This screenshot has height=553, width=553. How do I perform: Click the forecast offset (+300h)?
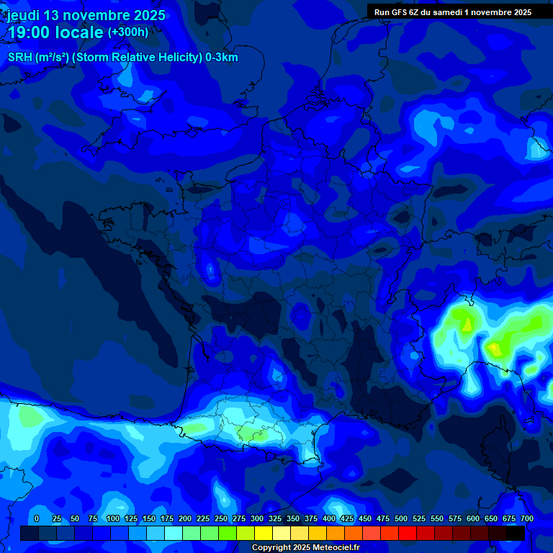pos(128,32)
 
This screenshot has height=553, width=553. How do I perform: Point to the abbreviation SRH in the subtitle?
pos(19,58)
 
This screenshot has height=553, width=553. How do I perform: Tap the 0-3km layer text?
pos(222,58)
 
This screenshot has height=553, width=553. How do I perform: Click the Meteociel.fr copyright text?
pos(305,548)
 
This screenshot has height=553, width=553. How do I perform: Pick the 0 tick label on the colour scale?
pos(37,518)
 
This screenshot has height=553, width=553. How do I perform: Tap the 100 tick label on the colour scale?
pos(113,518)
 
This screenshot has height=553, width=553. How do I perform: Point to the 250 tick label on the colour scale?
pos(221,518)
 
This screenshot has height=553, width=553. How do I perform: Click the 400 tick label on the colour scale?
pos(329,518)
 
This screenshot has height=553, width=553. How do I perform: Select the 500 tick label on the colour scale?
pos(401,518)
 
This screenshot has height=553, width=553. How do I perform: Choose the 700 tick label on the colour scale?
pos(527,518)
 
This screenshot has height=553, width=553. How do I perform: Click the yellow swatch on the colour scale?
pos(264,533)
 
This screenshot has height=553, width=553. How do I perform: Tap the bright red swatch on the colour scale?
pos(408,533)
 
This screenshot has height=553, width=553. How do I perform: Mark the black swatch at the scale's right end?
pos(516,533)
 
